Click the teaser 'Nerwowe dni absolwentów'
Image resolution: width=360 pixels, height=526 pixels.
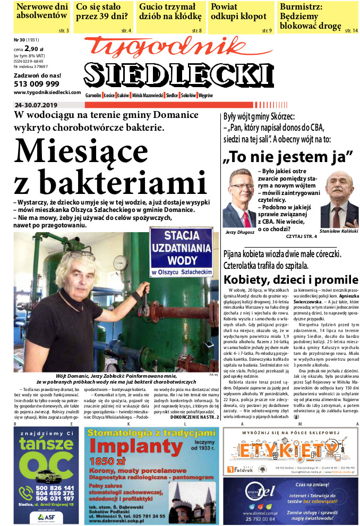click(42, 11)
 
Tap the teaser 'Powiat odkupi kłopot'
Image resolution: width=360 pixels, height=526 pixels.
click(238, 11)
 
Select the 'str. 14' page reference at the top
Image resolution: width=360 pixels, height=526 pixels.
click(352, 31)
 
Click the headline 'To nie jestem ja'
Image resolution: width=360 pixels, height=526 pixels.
click(288, 157)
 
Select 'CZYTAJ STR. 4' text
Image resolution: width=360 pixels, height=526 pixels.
click(301, 236)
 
